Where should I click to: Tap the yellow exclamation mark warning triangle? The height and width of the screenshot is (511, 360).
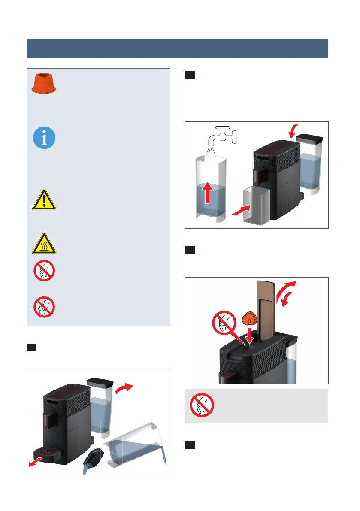tap(45, 200)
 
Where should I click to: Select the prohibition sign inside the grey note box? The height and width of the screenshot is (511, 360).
tap(202, 405)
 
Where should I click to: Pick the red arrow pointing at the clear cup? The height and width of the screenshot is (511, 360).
tap(233, 210)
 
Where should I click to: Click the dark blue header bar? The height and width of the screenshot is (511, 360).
tap(177, 48)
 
